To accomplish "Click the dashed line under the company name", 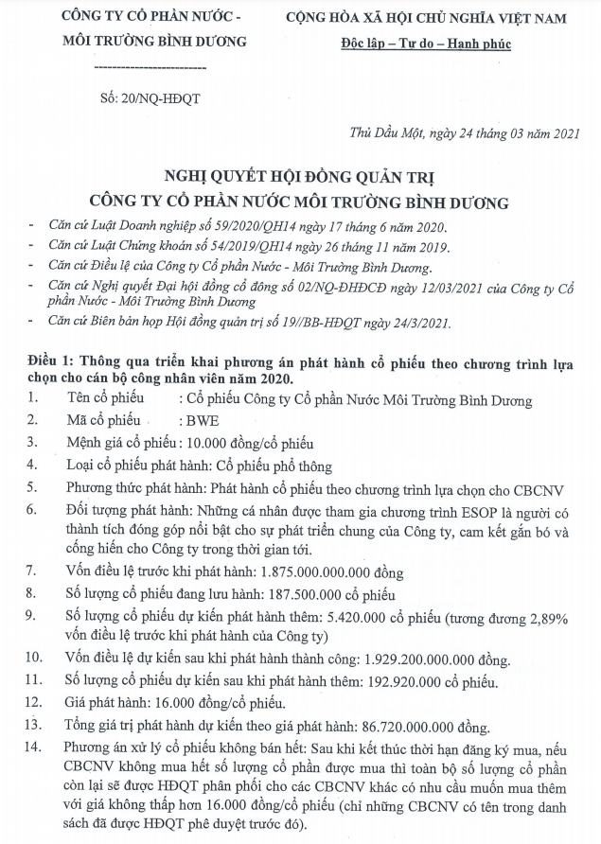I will pyautogui.click(x=152, y=69).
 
